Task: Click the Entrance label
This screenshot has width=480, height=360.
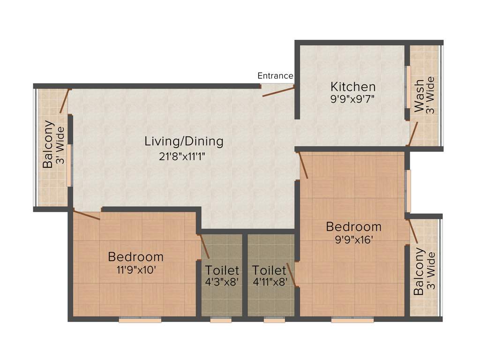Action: click(x=276, y=76)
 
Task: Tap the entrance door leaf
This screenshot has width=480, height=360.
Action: click(x=278, y=91)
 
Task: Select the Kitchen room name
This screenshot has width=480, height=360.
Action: click(x=353, y=87)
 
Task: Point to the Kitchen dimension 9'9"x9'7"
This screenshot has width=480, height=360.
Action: click(x=353, y=99)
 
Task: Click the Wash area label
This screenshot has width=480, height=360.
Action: click(x=419, y=96)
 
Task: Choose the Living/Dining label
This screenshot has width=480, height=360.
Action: click(x=184, y=141)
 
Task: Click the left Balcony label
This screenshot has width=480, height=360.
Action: click(x=48, y=145)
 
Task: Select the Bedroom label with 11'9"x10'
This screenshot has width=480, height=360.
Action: click(x=135, y=257)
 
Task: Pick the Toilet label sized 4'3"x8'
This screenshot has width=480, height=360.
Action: click(x=222, y=270)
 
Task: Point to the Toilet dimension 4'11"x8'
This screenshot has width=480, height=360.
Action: click(x=269, y=283)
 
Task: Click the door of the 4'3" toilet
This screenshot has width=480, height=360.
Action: click(x=205, y=246)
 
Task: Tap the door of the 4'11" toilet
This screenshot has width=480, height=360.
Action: click(x=292, y=275)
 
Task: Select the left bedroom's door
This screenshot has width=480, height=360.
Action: click(x=87, y=215)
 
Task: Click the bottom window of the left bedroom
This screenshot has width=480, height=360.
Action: click(x=140, y=320)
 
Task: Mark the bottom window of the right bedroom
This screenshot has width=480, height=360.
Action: click(x=352, y=320)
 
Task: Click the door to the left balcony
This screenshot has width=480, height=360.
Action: click(x=65, y=101)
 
